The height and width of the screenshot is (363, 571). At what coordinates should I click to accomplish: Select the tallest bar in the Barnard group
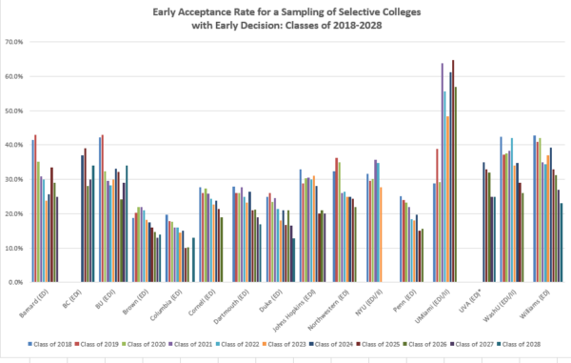35,209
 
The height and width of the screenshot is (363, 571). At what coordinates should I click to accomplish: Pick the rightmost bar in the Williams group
561,243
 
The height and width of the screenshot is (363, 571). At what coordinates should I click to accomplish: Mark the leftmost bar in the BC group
82,219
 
